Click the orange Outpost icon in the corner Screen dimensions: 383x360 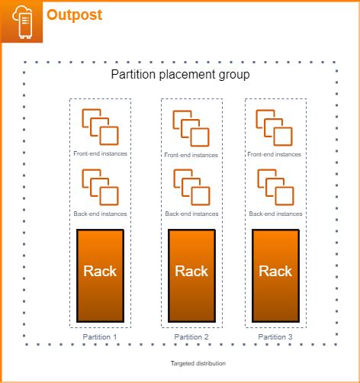[x=21, y=21]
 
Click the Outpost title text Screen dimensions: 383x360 [x=74, y=14]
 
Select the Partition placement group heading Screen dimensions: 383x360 [x=180, y=75]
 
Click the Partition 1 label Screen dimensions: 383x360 [x=101, y=336]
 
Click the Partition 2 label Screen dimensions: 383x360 [x=191, y=336]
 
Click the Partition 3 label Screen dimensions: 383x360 [x=276, y=336]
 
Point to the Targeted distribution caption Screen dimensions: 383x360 [x=198, y=364]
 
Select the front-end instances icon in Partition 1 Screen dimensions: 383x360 [x=100, y=127]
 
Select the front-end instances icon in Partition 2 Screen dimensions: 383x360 [x=191, y=128]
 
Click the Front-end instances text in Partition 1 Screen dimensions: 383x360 [x=100, y=153]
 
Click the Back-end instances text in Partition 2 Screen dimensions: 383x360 [x=191, y=214]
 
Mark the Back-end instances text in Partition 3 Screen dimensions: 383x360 [x=275, y=214]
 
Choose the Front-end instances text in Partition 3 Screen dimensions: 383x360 [x=275, y=153]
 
